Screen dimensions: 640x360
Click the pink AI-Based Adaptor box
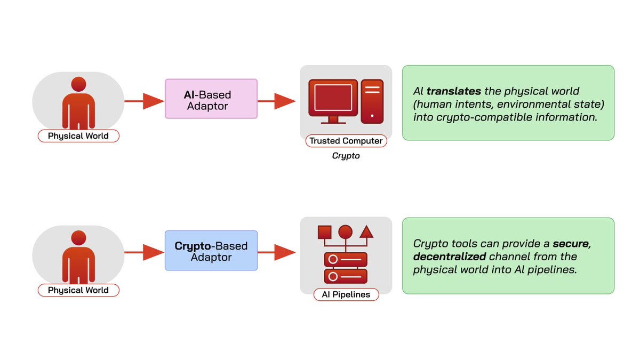point(211,99)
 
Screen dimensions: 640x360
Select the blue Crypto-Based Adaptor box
point(211,251)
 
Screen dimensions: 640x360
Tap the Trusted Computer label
point(346,141)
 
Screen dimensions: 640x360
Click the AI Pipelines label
point(346,294)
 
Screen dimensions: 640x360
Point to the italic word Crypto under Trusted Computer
point(346,156)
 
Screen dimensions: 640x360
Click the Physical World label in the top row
point(78,135)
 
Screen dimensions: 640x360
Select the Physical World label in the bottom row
point(78,290)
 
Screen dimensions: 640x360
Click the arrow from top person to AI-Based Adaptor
point(145,101)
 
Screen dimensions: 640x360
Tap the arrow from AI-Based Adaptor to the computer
point(277,101)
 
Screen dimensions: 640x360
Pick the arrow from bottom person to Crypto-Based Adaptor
point(145,252)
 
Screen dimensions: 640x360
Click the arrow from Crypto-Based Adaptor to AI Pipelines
point(277,252)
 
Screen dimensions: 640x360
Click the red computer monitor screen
point(333,98)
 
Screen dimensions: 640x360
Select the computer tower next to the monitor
point(372,101)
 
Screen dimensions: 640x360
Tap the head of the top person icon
point(78,84)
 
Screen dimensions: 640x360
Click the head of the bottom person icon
point(78,238)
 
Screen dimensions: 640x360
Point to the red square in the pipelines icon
point(325,233)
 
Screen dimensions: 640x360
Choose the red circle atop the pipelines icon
point(346,231)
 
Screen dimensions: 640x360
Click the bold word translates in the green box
point(454,91)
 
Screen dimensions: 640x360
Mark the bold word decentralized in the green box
point(450,257)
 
